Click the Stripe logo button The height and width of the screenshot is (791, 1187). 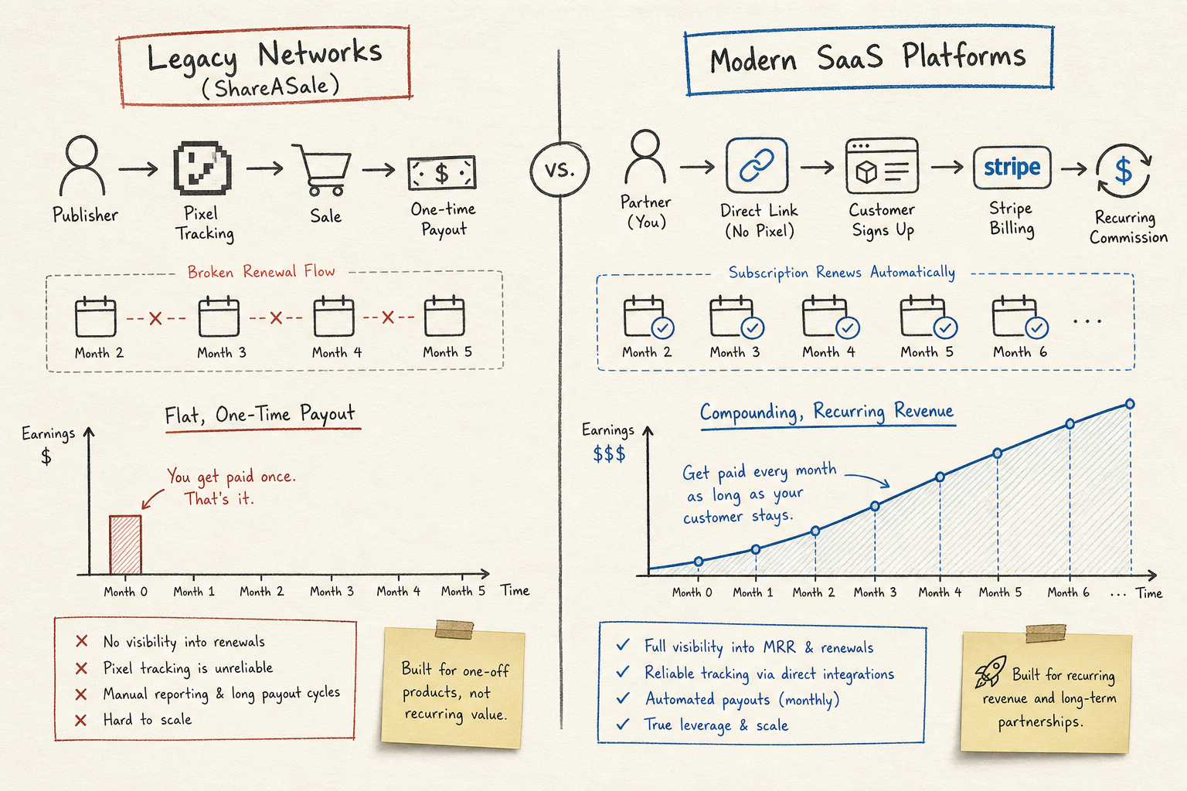pyautogui.click(x=1012, y=168)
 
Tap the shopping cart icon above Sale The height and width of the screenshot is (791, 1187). pyautogui.click(x=324, y=169)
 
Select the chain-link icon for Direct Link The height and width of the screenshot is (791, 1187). pyautogui.click(x=757, y=165)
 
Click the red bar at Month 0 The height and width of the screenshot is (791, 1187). pyautogui.click(x=126, y=545)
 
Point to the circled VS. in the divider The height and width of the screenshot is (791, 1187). pyautogui.click(x=559, y=169)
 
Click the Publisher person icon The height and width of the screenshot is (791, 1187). pyautogui.click(x=82, y=165)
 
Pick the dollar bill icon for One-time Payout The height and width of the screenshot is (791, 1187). pyautogui.click(x=442, y=173)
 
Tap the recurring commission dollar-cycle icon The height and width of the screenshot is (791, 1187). pyautogui.click(x=1124, y=171)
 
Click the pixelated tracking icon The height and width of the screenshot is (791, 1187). pyautogui.click(x=202, y=168)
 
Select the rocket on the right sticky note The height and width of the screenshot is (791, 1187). pyautogui.click(x=991, y=671)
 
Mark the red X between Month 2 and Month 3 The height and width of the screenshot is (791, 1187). pyautogui.click(x=155, y=318)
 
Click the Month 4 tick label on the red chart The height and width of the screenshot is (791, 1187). pyautogui.click(x=399, y=591)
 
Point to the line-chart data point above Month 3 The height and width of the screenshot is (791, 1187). pyautogui.click(x=875, y=506)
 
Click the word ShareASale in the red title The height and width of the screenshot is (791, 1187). pyautogui.click(x=271, y=86)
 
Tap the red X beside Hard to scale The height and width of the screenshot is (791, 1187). pyautogui.click(x=80, y=720)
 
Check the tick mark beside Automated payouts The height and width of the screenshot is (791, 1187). pyautogui.click(x=623, y=698)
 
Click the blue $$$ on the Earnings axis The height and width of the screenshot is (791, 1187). pyautogui.click(x=609, y=453)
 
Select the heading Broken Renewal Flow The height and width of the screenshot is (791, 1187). pyautogui.click(x=261, y=272)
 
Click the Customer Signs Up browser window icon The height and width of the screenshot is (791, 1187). pyautogui.click(x=883, y=166)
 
